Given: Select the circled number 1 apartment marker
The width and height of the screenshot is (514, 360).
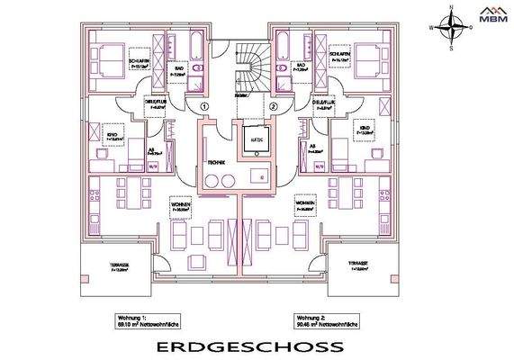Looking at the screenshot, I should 204,105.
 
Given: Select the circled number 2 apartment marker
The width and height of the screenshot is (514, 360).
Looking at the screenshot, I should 272,105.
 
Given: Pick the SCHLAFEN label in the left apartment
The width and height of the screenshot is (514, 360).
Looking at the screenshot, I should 139,51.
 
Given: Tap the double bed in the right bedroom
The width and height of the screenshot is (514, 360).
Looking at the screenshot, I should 366,62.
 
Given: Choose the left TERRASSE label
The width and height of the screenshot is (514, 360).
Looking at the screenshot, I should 118,265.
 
